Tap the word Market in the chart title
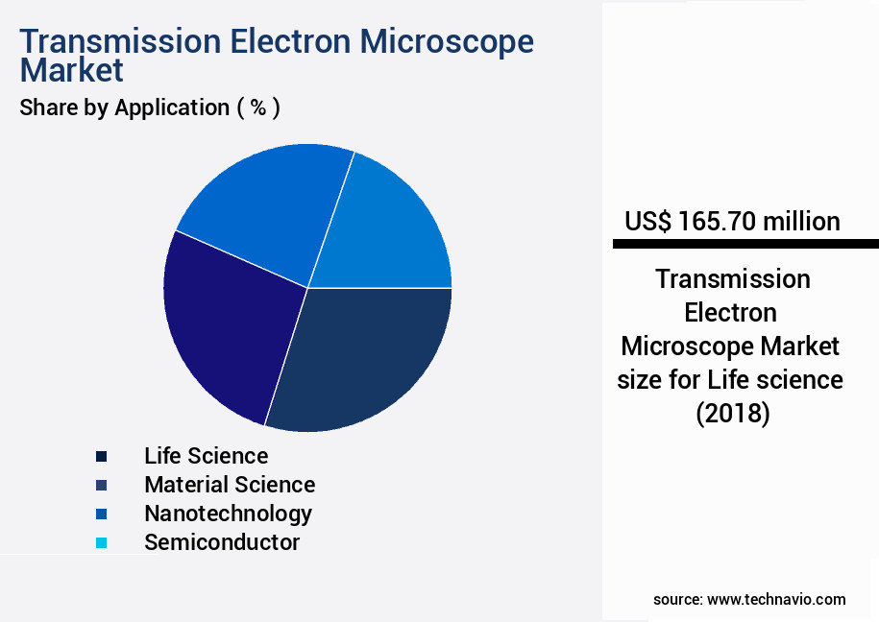click(x=72, y=70)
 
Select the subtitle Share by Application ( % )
click(x=150, y=108)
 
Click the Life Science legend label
click(x=206, y=455)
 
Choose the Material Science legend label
click(x=230, y=485)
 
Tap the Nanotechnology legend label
click(x=228, y=514)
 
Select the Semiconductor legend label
click(x=222, y=542)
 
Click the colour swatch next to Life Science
click(x=101, y=456)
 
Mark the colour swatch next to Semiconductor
click(x=101, y=543)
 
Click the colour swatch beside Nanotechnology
click(x=101, y=514)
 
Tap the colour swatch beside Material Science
click(x=101, y=485)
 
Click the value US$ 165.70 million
click(x=732, y=222)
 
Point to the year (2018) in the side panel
click(x=732, y=414)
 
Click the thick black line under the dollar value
click(x=745, y=245)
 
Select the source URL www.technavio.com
click(x=776, y=599)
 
